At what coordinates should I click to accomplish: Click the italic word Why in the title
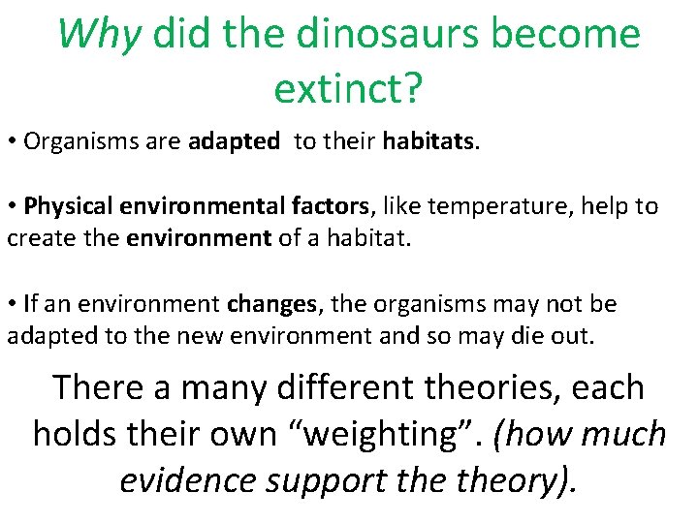(x=100, y=34)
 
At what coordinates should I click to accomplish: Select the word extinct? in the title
(x=348, y=88)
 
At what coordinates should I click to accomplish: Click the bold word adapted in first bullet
(x=234, y=142)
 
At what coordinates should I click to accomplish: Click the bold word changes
(x=271, y=304)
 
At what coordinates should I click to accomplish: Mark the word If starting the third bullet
(x=32, y=304)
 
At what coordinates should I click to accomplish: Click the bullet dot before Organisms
(x=13, y=142)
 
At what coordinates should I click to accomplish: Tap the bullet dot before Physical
(x=13, y=206)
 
